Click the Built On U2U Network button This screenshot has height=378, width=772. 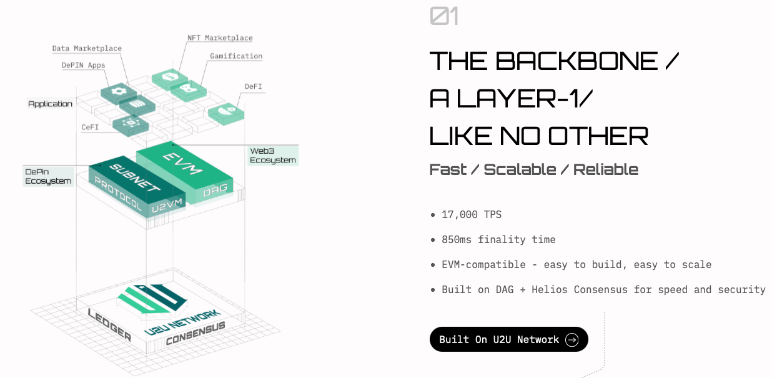coord(508,339)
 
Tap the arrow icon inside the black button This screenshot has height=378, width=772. coord(572,339)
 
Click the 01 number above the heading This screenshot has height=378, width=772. coord(444,16)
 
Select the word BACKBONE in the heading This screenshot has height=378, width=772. coord(577,61)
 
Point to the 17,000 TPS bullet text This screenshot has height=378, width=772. coord(472,214)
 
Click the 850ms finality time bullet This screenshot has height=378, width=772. coord(498,239)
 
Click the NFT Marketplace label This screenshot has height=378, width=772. coord(220,38)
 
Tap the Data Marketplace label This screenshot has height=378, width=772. coord(87,48)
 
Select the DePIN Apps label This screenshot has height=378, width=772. coord(83,65)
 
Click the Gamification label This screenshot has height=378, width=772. coord(236,56)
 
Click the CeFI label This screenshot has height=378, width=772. coord(91,127)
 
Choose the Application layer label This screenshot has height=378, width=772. coord(50,104)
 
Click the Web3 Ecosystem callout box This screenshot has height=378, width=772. coord(273,156)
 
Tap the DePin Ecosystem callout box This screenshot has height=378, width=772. coord(48,176)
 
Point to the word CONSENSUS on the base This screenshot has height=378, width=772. coord(195,334)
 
